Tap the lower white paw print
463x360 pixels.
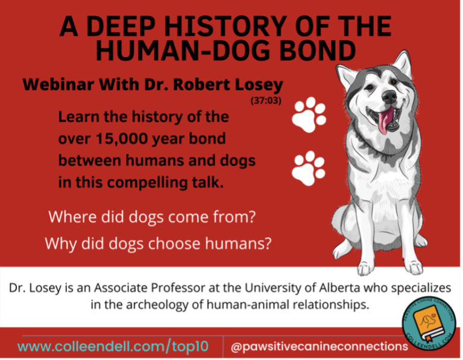(307, 169)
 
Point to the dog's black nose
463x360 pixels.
(389, 96)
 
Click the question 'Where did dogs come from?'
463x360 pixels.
(152, 216)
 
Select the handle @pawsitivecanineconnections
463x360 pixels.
(320, 346)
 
